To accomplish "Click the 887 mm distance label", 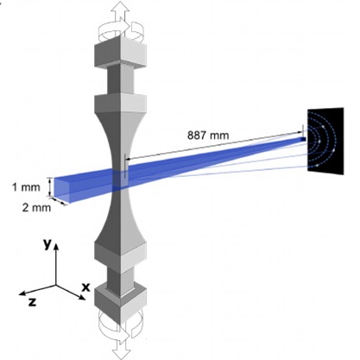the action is [208, 135].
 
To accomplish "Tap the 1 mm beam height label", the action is [26, 187].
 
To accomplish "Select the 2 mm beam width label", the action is [36, 207].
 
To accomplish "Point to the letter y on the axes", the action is [47, 244].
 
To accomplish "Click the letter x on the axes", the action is [85, 287].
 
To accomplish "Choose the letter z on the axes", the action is [32, 302].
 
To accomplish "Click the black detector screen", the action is [325, 141].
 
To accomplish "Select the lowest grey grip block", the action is [120, 306].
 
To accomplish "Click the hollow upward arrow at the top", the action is [121, 15].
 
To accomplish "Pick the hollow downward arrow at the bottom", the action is [121, 344].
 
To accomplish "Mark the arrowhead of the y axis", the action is [56, 246].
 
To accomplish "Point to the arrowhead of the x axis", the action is [82, 298].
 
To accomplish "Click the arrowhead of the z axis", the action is [22, 294].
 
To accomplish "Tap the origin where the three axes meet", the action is [56, 285].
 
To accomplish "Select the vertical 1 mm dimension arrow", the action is [51, 187].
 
